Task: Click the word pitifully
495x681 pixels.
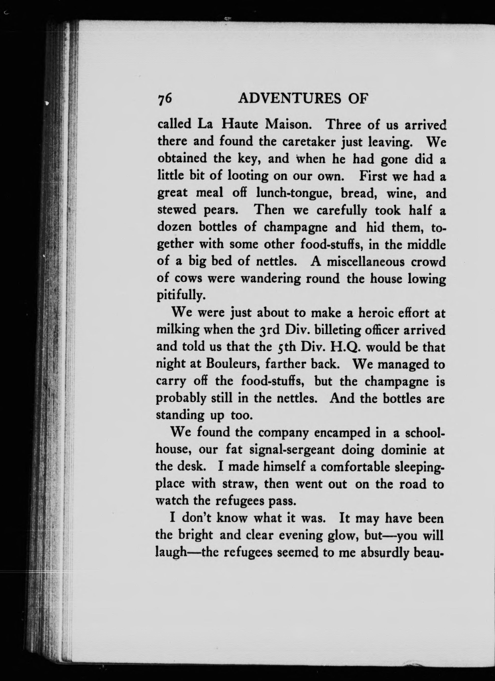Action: [x=181, y=296]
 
